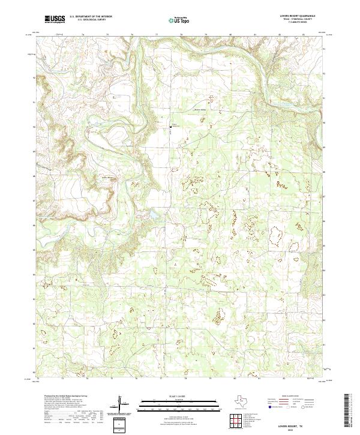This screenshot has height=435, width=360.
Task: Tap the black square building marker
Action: [x=170, y=127]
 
